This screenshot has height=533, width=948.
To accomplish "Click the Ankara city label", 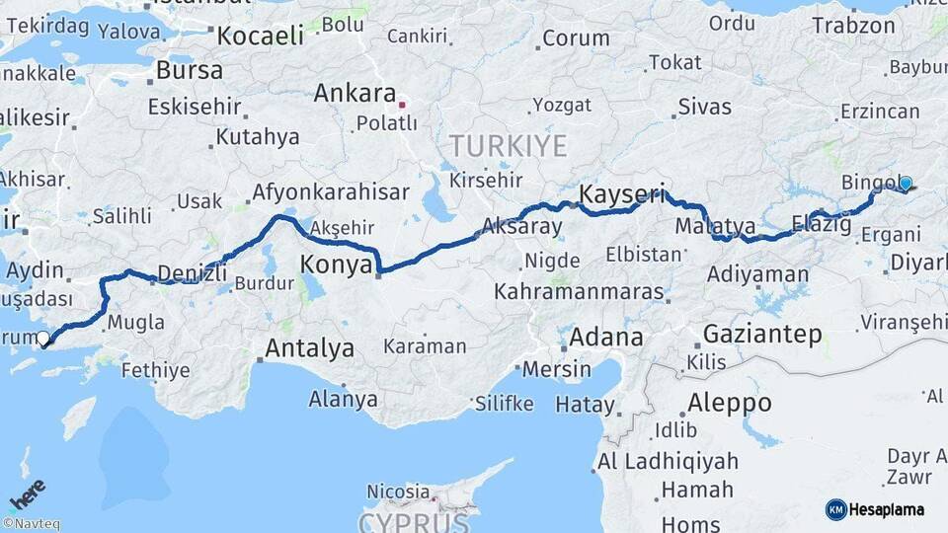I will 355,94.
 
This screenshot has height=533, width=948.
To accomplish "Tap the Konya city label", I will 336,265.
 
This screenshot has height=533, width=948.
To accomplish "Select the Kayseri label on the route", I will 622,193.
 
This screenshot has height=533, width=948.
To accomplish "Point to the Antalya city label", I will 310,348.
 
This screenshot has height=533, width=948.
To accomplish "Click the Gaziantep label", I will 762,335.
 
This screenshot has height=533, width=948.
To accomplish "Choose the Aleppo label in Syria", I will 729,403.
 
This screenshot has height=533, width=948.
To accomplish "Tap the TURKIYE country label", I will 509,146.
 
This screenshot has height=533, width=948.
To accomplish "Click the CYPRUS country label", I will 413,521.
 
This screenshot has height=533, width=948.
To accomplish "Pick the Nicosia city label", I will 398,491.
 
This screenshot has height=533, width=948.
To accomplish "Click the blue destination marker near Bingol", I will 905,183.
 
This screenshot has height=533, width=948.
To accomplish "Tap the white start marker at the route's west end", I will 43,339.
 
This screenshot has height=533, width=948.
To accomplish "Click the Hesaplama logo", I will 875,509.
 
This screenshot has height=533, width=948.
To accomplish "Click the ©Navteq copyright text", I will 31,524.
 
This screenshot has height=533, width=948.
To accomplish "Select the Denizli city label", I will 185,272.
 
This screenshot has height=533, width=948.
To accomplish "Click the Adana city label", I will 606,336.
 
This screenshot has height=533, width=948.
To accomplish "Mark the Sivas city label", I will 704,107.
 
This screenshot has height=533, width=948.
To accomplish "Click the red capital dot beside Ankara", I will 402,103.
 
